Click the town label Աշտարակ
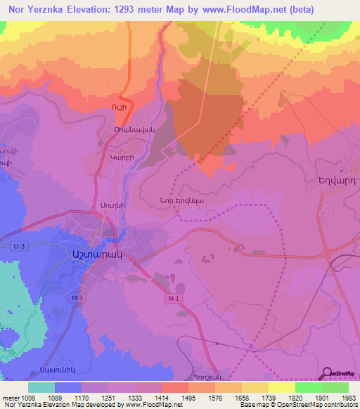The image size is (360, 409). tap(93, 257)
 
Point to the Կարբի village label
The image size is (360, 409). tap(121, 159)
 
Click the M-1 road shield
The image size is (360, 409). tap(173, 299)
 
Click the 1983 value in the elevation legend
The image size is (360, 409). tap(336, 396)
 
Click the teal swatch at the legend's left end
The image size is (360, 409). tap(41, 387)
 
